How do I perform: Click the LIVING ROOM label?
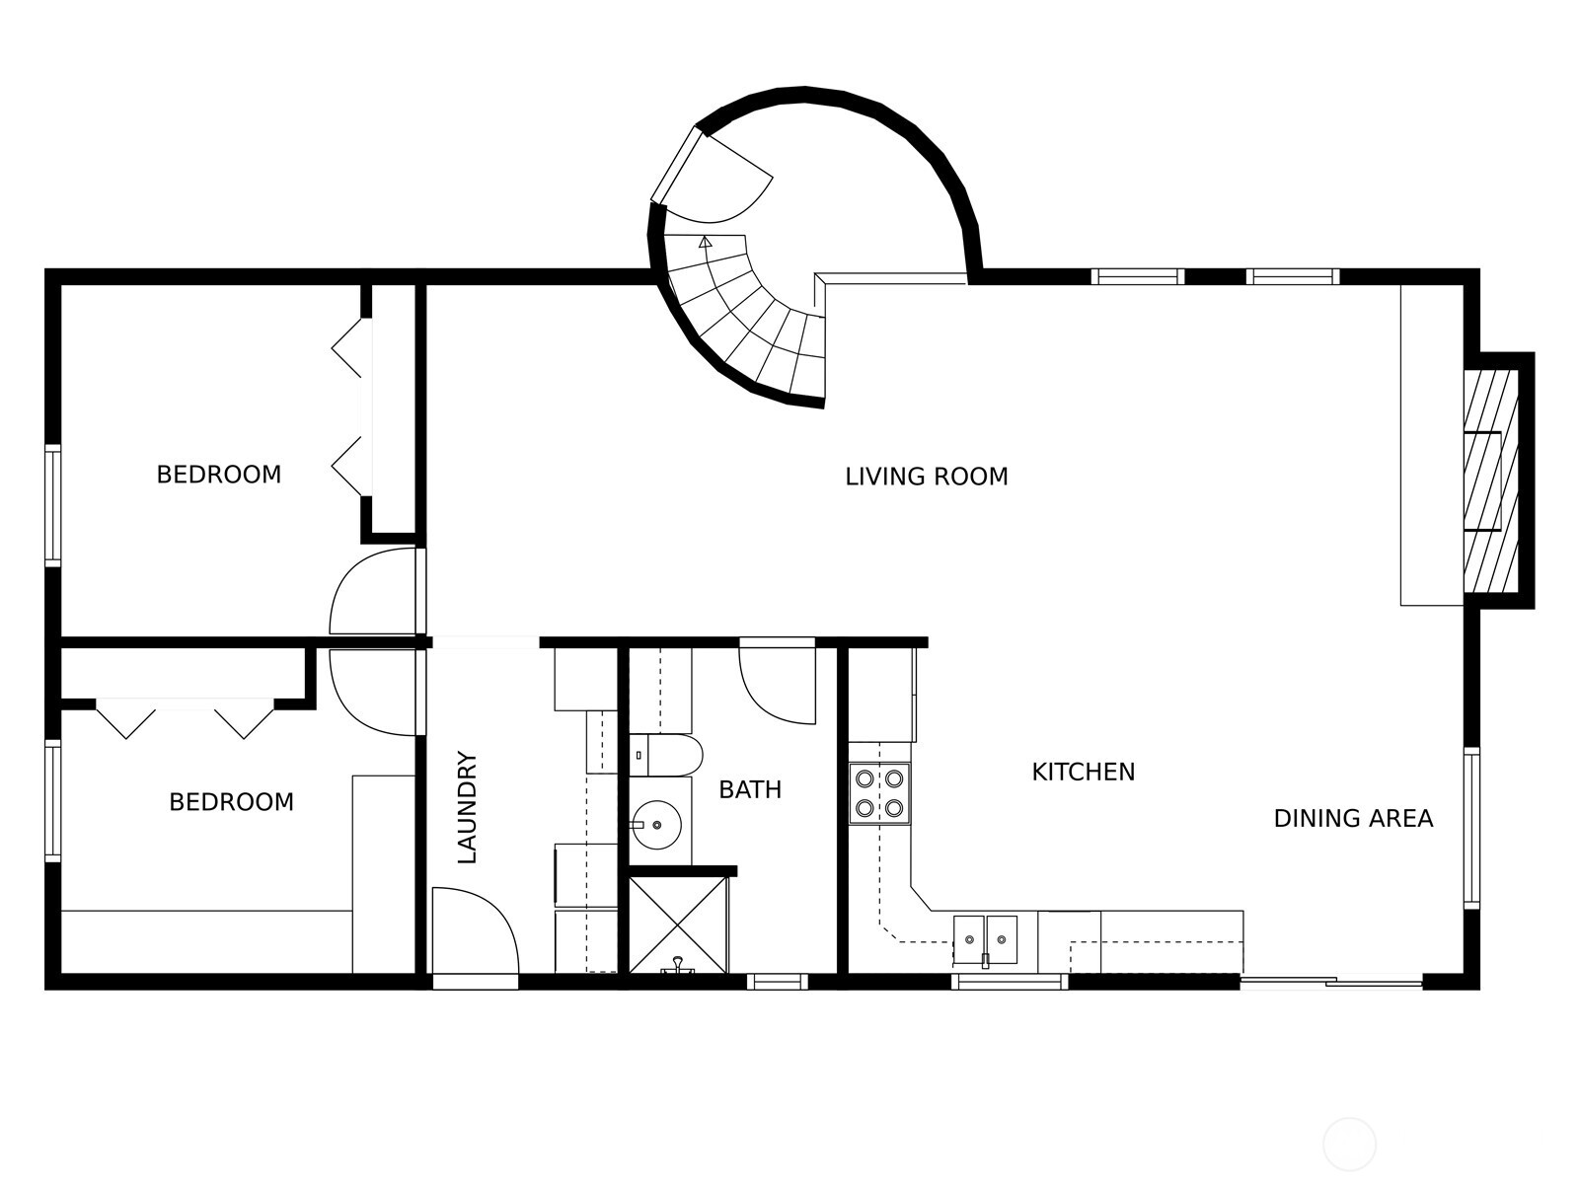926,477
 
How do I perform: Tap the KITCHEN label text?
1083,772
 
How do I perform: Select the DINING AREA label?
1353,818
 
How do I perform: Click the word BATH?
749,789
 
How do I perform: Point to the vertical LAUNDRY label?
468,808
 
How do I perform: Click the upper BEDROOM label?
219,475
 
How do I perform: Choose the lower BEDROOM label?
231,802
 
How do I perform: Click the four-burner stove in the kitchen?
879,793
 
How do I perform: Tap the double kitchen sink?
985,938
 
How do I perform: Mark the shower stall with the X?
677,924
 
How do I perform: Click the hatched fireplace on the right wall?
1490,481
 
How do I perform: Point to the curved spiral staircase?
750,316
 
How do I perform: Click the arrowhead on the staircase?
705,241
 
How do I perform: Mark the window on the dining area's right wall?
1470,827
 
